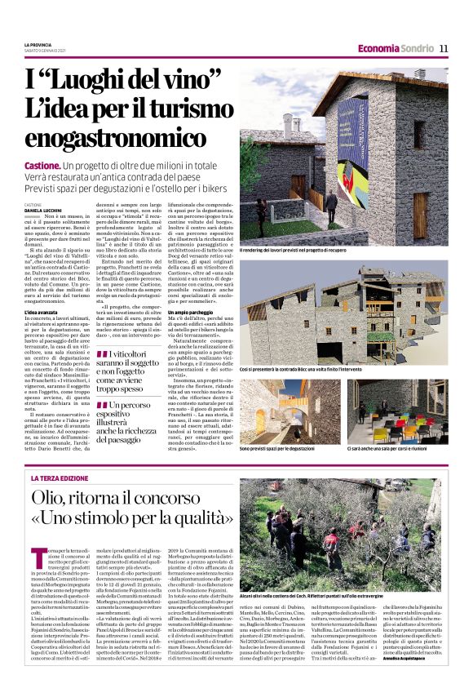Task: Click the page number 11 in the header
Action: (444, 48)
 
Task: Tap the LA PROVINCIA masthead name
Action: (39, 44)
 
